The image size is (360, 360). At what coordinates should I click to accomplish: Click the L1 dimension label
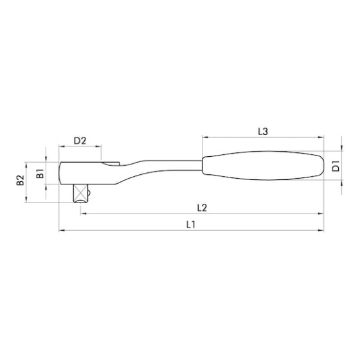tap(191, 224)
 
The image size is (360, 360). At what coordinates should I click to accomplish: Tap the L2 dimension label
tap(201, 207)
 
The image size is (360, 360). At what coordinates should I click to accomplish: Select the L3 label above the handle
tap(262, 131)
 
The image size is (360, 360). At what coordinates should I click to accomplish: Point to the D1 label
tap(336, 166)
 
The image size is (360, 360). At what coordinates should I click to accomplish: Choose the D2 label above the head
tap(80, 141)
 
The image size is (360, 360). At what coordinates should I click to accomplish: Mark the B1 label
tap(40, 173)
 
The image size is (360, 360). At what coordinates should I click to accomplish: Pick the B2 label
tap(19, 181)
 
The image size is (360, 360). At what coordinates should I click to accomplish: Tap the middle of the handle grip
tap(260, 168)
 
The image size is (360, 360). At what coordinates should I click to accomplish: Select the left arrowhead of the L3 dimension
tap(204, 137)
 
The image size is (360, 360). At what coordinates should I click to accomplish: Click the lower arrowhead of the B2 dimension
tap(26, 201)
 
